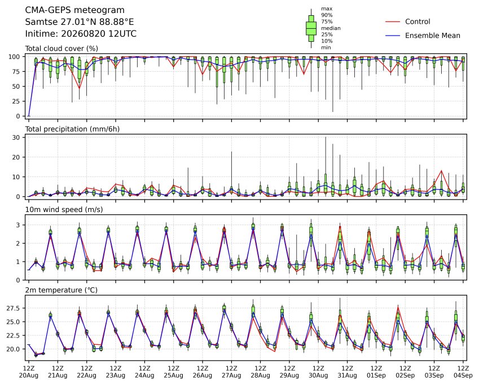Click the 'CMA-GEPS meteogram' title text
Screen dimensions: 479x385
coord(75,10)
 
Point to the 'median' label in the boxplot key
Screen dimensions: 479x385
coord(331,28)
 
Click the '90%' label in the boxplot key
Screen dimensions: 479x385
coord(327,15)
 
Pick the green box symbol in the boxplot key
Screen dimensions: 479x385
coord(311,28)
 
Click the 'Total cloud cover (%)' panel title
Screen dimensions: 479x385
coord(61,49)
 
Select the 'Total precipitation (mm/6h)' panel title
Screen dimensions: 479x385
coord(72,129)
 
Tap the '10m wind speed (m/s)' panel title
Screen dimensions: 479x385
coord(64,210)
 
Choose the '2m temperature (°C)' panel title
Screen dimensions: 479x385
coord(61,290)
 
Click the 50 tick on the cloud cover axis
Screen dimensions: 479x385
coord(16,86)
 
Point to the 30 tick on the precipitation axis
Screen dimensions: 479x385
coord(16,137)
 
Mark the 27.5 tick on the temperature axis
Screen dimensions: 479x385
coord(13,308)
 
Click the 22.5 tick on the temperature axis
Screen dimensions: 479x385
coord(13,335)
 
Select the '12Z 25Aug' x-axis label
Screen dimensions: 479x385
coord(174,372)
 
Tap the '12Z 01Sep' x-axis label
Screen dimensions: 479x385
coord(376,372)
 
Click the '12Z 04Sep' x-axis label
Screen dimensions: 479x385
coord(463,372)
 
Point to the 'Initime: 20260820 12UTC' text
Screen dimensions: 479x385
coord(81,34)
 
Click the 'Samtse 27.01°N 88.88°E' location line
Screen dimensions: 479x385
coord(80,22)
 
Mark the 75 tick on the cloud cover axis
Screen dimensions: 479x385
coord(16,72)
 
